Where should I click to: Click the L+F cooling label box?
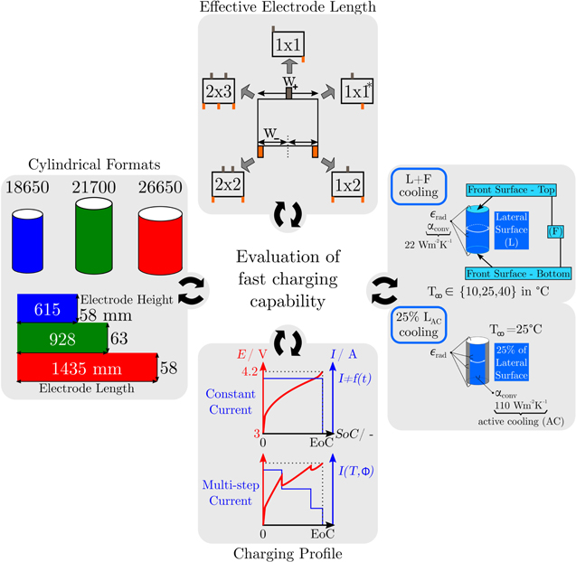[421, 192]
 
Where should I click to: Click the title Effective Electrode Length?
[288, 8]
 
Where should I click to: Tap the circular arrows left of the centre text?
[191, 291]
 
